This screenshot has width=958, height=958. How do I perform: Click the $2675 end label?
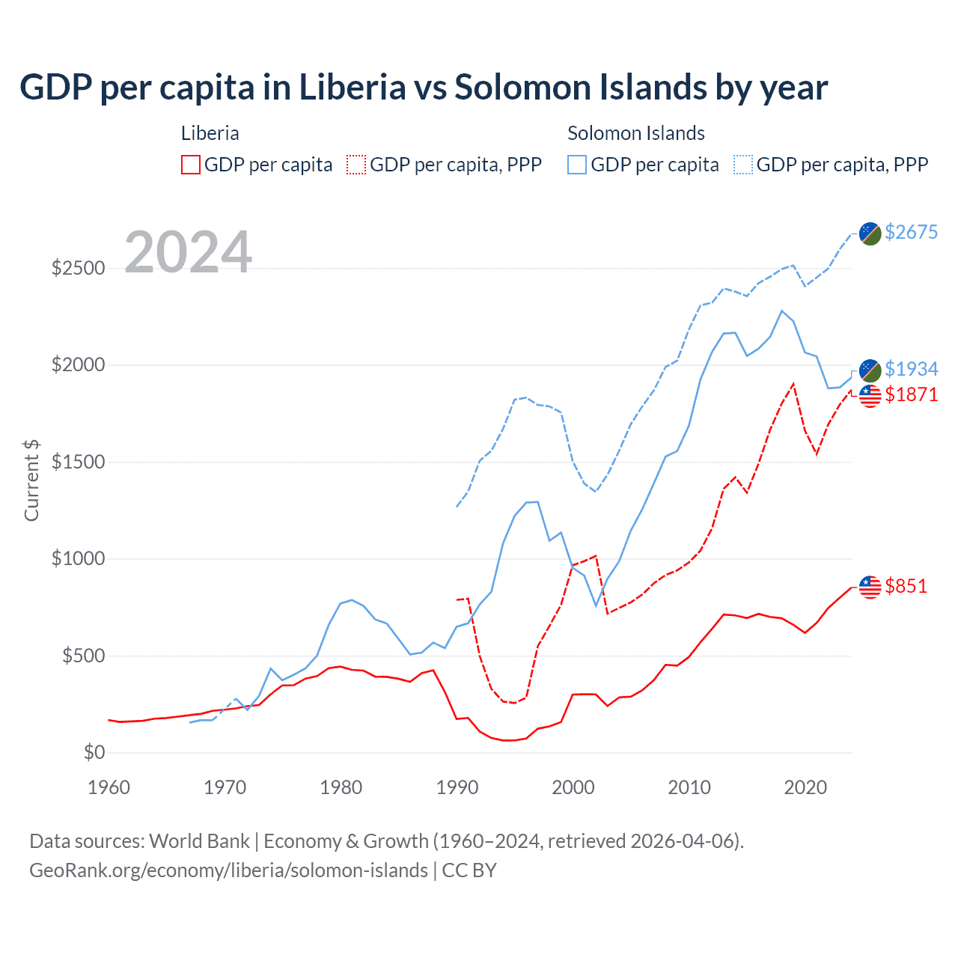coord(911,232)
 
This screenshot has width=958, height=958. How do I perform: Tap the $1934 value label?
coord(911,369)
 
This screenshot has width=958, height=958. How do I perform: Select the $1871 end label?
coord(911,394)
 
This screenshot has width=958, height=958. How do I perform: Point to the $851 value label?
coord(906,586)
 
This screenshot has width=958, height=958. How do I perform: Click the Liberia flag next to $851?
coord(870,587)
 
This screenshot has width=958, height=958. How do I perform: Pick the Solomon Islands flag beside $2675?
coord(870,234)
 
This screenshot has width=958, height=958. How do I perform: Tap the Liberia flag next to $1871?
coord(870,396)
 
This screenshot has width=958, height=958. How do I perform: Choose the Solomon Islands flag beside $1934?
coord(870,370)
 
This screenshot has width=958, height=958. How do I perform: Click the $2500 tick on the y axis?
coord(78,268)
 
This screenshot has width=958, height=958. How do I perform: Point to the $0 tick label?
coord(94,752)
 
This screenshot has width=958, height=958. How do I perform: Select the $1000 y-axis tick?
coord(78,558)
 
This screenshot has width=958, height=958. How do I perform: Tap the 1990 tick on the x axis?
coord(457,787)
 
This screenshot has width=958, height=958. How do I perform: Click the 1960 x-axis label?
coord(109,787)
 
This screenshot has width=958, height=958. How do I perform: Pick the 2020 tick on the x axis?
coord(805,787)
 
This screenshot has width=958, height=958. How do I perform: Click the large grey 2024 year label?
coord(188,252)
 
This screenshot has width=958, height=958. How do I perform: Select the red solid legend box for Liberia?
coord(191,165)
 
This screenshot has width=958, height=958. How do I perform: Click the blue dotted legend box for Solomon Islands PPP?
coord(743,165)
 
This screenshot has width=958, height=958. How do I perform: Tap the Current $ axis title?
coord(31,480)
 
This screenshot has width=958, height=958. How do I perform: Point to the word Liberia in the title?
coord(352,87)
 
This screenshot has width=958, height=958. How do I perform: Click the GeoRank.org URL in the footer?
coord(228,870)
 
